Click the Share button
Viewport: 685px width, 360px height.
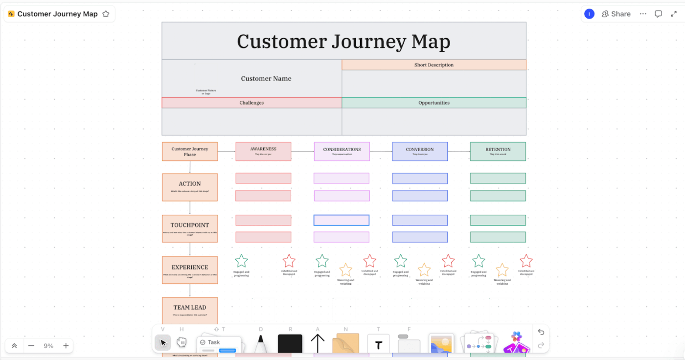pyautogui.click(x=616, y=14)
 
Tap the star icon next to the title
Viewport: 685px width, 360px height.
pyautogui.click(x=106, y=14)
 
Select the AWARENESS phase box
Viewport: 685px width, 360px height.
pyautogui.click(x=263, y=151)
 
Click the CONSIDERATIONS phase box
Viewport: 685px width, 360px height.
pyautogui.click(x=342, y=151)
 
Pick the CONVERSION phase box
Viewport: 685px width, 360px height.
pyautogui.click(x=420, y=151)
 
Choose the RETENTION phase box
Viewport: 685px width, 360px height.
pyautogui.click(x=498, y=151)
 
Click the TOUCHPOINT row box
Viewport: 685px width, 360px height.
pyautogui.click(x=190, y=228)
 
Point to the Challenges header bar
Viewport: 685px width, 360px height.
pyautogui.click(x=251, y=103)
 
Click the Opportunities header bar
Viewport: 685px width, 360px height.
pyautogui.click(x=434, y=103)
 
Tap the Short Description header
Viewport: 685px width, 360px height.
pyautogui.click(x=434, y=65)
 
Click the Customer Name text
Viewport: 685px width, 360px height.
pyautogui.click(x=266, y=78)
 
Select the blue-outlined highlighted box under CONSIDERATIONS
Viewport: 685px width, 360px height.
pyautogui.click(x=342, y=220)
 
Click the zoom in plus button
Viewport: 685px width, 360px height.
pyautogui.click(x=66, y=346)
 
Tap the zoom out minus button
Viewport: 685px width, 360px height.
pyautogui.click(x=31, y=346)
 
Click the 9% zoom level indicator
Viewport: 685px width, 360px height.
pyautogui.click(x=48, y=346)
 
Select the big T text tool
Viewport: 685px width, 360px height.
pyautogui.click(x=378, y=345)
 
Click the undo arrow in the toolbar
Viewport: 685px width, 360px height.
pyautogui.click(x=541, y=332)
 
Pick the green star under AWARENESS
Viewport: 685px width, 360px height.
pyautogui.click(x=241, y=261)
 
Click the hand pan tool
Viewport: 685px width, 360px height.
pyautogui.click(x=182, y=342)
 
